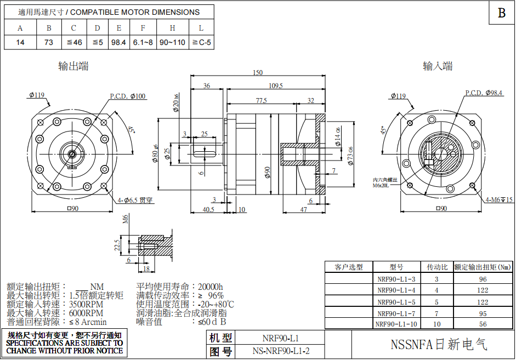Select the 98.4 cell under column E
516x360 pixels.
click(x=118, y=42)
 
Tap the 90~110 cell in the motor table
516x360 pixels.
click(x=172, y=42)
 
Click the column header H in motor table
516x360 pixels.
click(x=172, y=28)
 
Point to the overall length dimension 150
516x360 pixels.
click(x=257, y=73)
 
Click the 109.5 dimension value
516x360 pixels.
click(x=276, y=86)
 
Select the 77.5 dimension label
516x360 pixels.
click(x=261, y=101)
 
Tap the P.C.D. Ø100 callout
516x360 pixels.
click(x=128, y=96)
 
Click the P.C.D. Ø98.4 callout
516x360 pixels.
click(x=484, y=93)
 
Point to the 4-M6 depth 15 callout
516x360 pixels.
click(x=499, y=200)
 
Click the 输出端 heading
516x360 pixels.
click(x=74, y=66)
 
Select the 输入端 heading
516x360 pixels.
click(x=438, y=66)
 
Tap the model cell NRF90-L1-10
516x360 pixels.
click(x=396, y=324)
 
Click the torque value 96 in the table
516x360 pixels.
click(x=483, y=279)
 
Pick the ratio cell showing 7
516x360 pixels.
click(x=437, y=313)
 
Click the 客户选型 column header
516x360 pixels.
click(x=349, y=267)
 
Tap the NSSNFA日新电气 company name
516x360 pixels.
click(x=438, y=345)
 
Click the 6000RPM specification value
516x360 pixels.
click(x=86, y=313)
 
